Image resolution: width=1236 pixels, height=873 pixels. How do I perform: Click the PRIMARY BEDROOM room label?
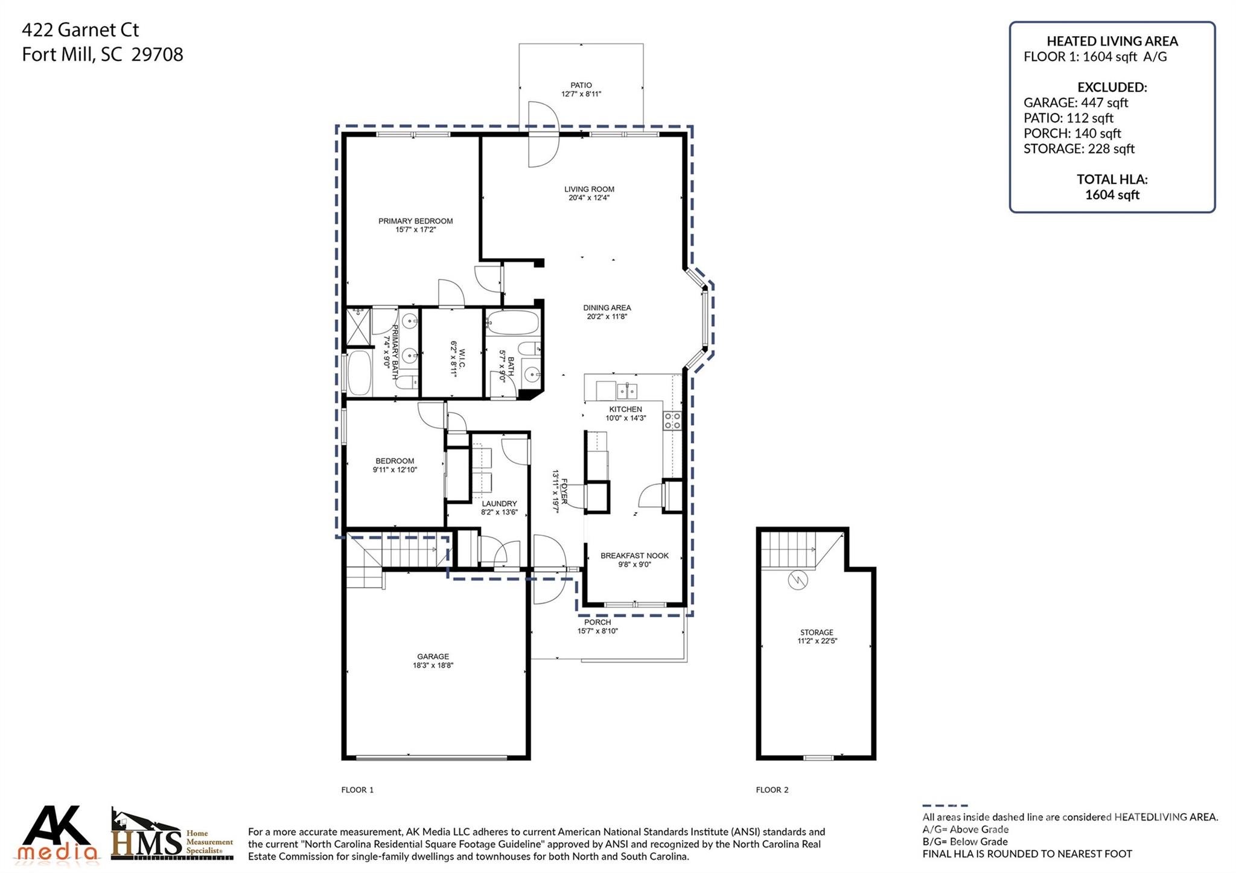click(x=415, y=221)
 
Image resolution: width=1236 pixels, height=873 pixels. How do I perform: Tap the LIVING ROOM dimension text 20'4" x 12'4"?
click(x=589, y=198)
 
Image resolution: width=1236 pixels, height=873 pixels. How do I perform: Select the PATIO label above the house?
click(x=581, y=85)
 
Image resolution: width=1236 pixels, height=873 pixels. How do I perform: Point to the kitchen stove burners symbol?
click(x=672, y=421)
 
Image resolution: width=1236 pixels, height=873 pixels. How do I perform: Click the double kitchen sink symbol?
click(x=626, y=392)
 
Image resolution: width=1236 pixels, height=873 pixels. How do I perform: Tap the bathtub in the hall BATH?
click(x=512, y=323)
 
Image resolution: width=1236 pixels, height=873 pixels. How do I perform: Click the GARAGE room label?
click(x=433, y=656)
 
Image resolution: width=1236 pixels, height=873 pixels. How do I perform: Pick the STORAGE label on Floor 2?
click(x=817, y=632)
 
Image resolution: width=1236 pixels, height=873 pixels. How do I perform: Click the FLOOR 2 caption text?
click(x=772, y=790)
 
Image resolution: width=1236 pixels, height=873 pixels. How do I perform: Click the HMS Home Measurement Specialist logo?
click(x=172, y=836)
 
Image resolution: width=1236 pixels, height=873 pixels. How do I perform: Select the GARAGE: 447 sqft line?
click(x=1075, y=103)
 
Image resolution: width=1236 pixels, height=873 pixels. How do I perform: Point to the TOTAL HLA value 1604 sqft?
click(x=1112, y=194)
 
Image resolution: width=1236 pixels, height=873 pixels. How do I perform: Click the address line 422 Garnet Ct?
click(x=81, y=30)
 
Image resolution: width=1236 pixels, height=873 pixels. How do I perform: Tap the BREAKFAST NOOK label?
click(x=634, y=556)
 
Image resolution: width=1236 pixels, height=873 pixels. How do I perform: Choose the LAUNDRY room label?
click(x=499, y=504)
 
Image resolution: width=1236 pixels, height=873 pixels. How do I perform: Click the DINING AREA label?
click(x=607, y=308)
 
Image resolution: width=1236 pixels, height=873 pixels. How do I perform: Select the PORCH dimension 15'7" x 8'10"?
click(x=597, y=631)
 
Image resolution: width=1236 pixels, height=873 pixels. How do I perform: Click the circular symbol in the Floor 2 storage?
click(x=798, y=580)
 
